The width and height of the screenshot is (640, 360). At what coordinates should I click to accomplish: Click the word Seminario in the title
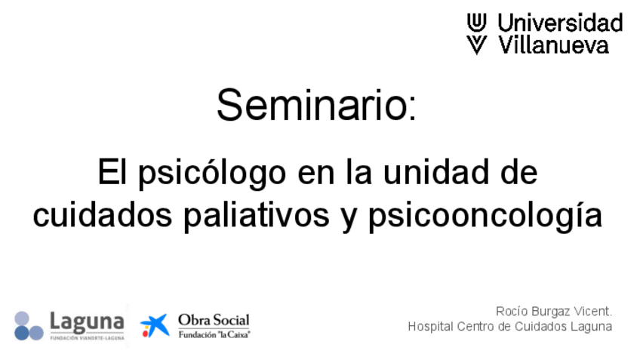[312, 105]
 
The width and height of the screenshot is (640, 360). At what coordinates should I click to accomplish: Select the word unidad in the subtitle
[436, 172]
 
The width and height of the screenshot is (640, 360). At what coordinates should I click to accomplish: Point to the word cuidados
[102, 215]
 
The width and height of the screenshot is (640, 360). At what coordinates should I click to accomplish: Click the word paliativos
[257, 217]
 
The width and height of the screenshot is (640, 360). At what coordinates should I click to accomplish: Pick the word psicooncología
[485, 217]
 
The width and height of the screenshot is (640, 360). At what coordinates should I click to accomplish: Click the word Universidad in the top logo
[560, 23]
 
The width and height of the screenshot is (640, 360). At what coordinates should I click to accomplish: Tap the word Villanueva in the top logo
[553, 45]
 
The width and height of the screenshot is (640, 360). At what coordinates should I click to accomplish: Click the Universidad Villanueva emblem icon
[477, 33]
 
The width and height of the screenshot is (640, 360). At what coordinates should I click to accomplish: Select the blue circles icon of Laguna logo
[29, 326]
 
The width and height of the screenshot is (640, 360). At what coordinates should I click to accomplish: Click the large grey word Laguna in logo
[87, 322]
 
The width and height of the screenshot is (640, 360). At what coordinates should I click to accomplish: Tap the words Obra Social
[214, 320]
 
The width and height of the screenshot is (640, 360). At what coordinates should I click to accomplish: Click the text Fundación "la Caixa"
[214, 334]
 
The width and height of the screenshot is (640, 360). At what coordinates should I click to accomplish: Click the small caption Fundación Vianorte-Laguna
[87, 338]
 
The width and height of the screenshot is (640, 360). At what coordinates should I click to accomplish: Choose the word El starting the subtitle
[112, 172]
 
